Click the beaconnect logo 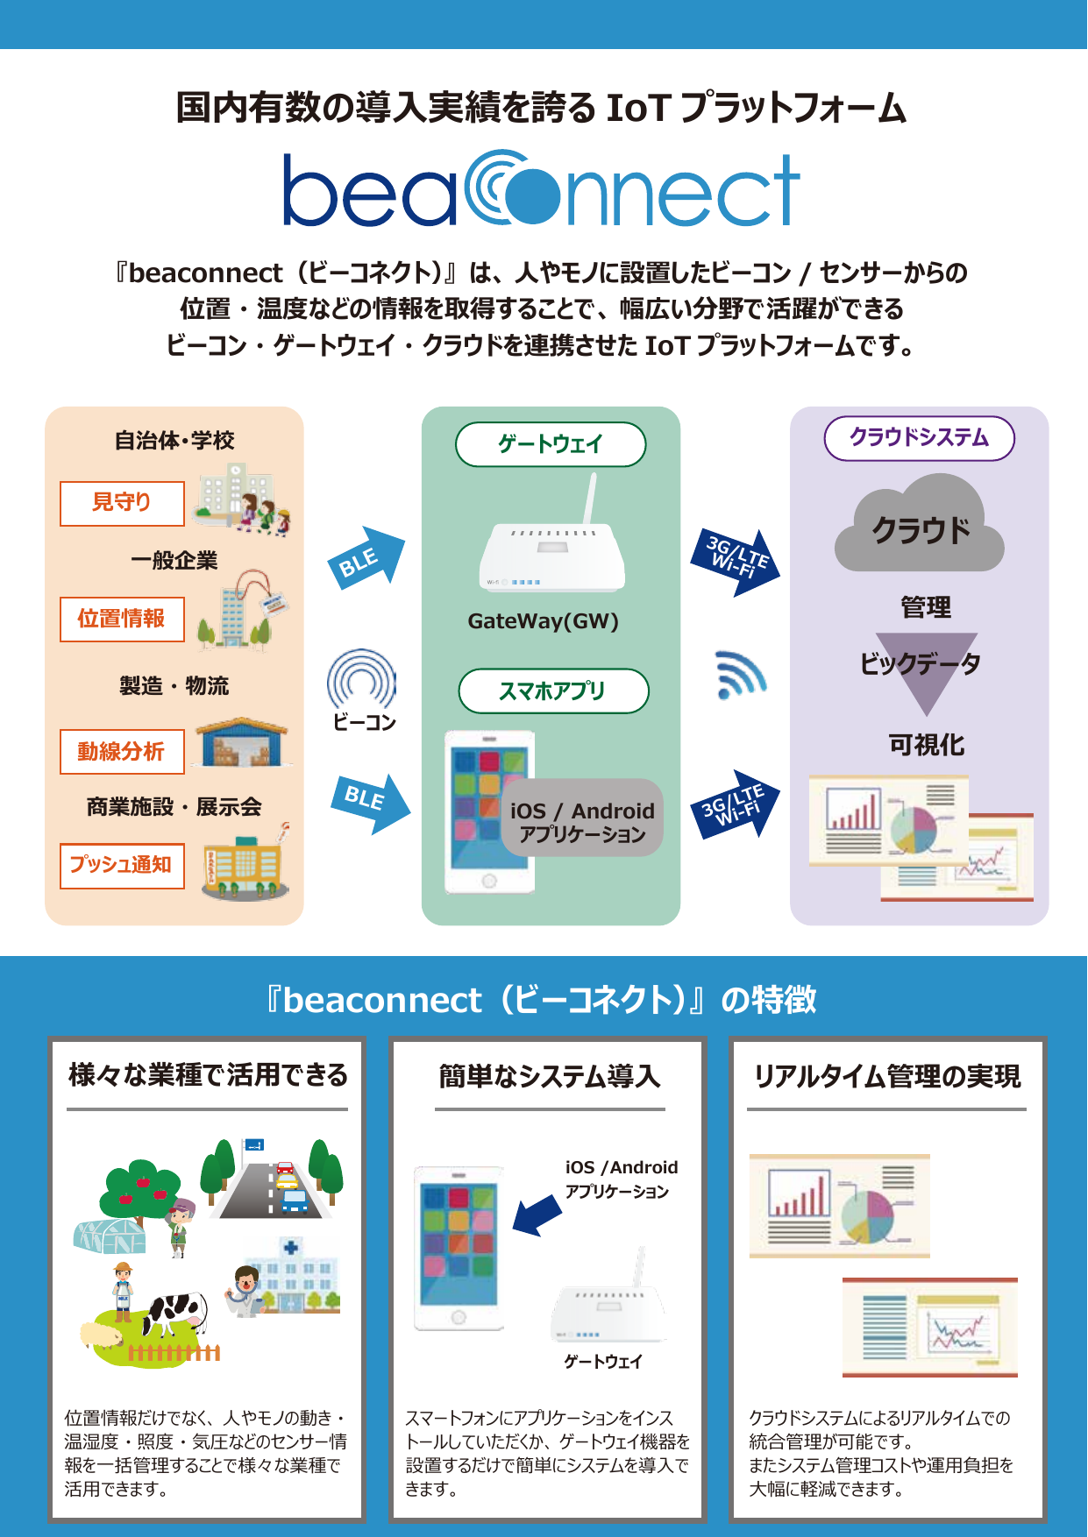click(541, 189)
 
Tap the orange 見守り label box click(122, 503)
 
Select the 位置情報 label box click(122, 619)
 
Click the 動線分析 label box click(122, 752)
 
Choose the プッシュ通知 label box click(122, 866)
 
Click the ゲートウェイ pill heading click(551, 444)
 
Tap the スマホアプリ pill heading click(553, 691)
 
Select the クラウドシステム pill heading click(919, 438)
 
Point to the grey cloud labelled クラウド click(920, 526)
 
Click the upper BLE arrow click(368, 558)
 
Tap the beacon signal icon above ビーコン click(361, 679)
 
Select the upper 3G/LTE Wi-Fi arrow click(736, 561)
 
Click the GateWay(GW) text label click(543, 621)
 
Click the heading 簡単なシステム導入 click(550, 1076)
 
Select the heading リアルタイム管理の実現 click(887, 1076)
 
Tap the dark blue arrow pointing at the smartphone click(536, 1215)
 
